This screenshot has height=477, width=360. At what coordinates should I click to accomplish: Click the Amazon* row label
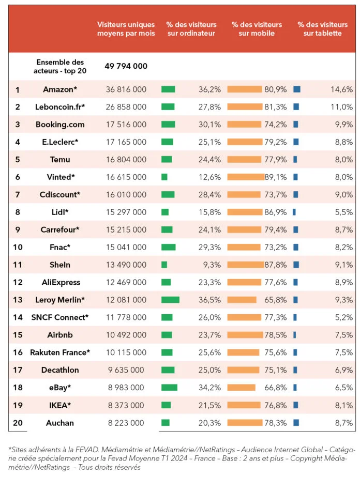[60, 89]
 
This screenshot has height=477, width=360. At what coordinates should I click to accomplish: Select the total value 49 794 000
[126, 66]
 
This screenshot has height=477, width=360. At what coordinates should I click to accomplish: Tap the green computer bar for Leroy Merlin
[170, 300]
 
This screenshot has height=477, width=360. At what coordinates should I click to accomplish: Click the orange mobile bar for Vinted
[245, 177]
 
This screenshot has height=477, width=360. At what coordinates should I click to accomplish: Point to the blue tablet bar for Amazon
[297, 89]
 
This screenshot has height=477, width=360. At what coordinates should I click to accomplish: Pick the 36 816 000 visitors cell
[126, 89]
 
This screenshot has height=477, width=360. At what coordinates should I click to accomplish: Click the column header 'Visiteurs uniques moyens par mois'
[126, 29]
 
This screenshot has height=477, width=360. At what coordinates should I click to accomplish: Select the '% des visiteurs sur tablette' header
[320, 29]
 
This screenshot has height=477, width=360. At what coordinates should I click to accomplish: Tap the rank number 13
[18, 300]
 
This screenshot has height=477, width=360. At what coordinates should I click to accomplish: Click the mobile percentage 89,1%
[275, 177]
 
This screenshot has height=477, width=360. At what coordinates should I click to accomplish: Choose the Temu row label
[60, 159]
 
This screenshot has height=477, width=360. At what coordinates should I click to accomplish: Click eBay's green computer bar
[169, 387]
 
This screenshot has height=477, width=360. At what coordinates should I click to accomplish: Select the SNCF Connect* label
[60, 317]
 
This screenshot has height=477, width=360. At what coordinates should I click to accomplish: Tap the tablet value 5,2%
[343, 317]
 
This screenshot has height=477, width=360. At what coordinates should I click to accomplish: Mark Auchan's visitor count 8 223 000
[126, 423]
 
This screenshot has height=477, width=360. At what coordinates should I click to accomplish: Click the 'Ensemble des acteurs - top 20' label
[60, 66]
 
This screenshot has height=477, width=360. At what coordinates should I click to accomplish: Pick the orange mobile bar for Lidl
[245, 212]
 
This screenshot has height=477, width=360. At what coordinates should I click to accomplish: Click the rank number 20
[18, 423]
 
